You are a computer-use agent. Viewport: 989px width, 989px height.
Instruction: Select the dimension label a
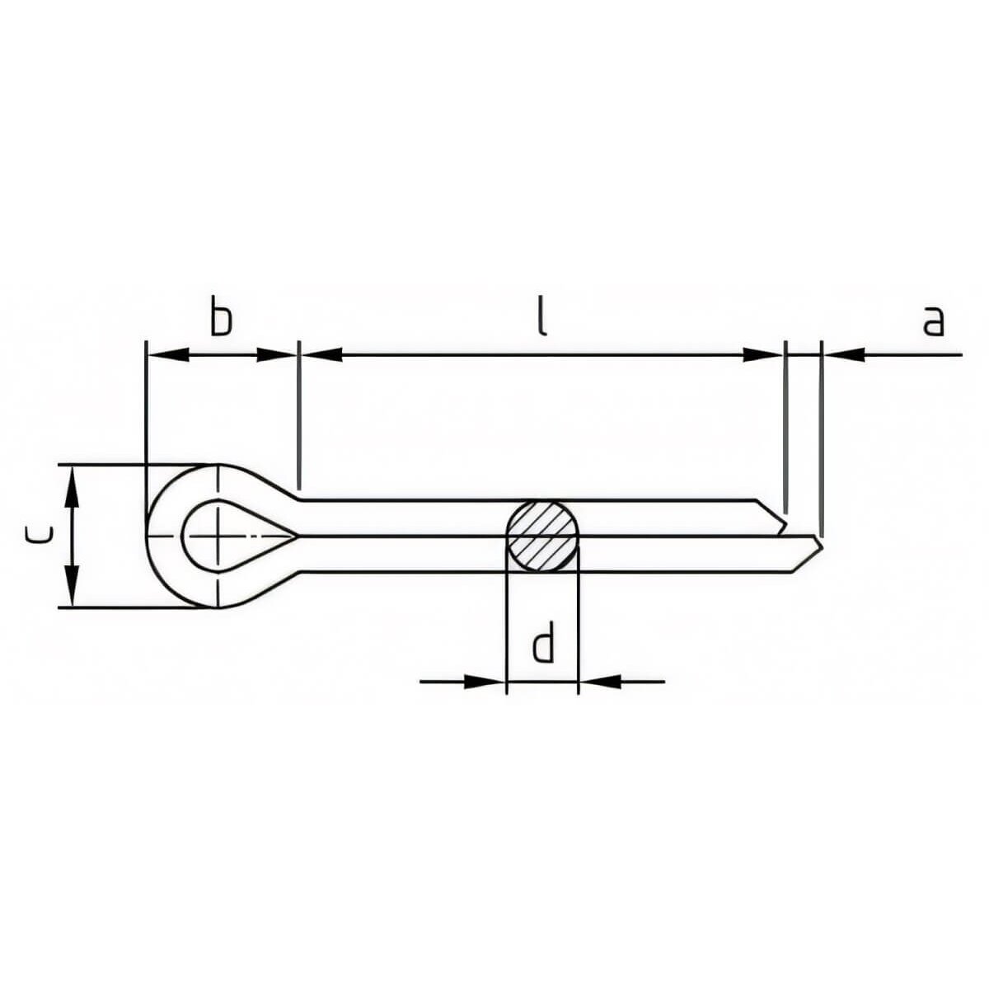(x=932, y=321)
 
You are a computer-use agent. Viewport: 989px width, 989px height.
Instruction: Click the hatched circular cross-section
(x=541, y=536)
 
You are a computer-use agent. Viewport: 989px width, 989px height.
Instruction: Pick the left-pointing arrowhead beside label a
(x=844, y=354)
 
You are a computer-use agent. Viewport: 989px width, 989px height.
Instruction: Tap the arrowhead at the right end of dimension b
(x=276, y=354)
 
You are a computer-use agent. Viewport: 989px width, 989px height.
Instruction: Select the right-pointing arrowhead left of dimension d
(x=484, y=682)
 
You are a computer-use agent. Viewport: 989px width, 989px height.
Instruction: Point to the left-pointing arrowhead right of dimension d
(x=600, y=682)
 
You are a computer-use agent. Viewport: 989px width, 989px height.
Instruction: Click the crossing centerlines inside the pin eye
(x=218, y=536)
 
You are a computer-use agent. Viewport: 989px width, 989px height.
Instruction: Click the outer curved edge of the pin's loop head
(x=149, y=536)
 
